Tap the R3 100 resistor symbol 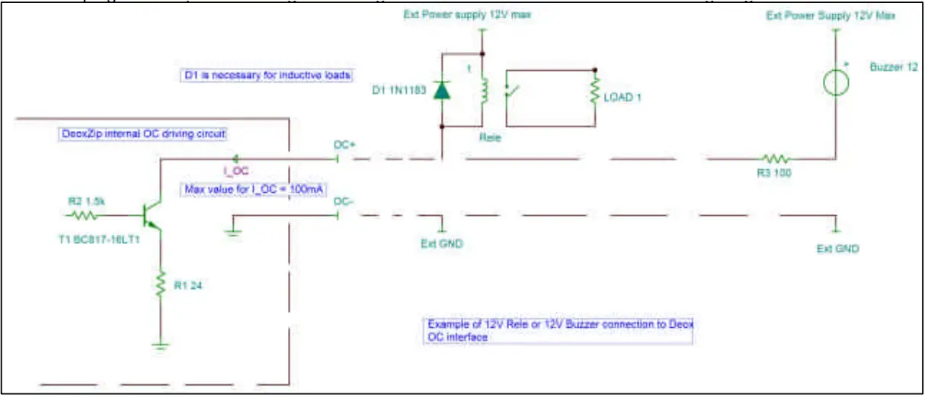pyautogui.click(x=776, y=159)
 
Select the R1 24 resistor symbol pyautogui.click(x=160, y=285)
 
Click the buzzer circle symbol pyautogui.click(x=836, y=82)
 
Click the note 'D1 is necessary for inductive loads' pyautogui.click(x=266, y=75)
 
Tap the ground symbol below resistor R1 pyautogui.click(x=160, y=345)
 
